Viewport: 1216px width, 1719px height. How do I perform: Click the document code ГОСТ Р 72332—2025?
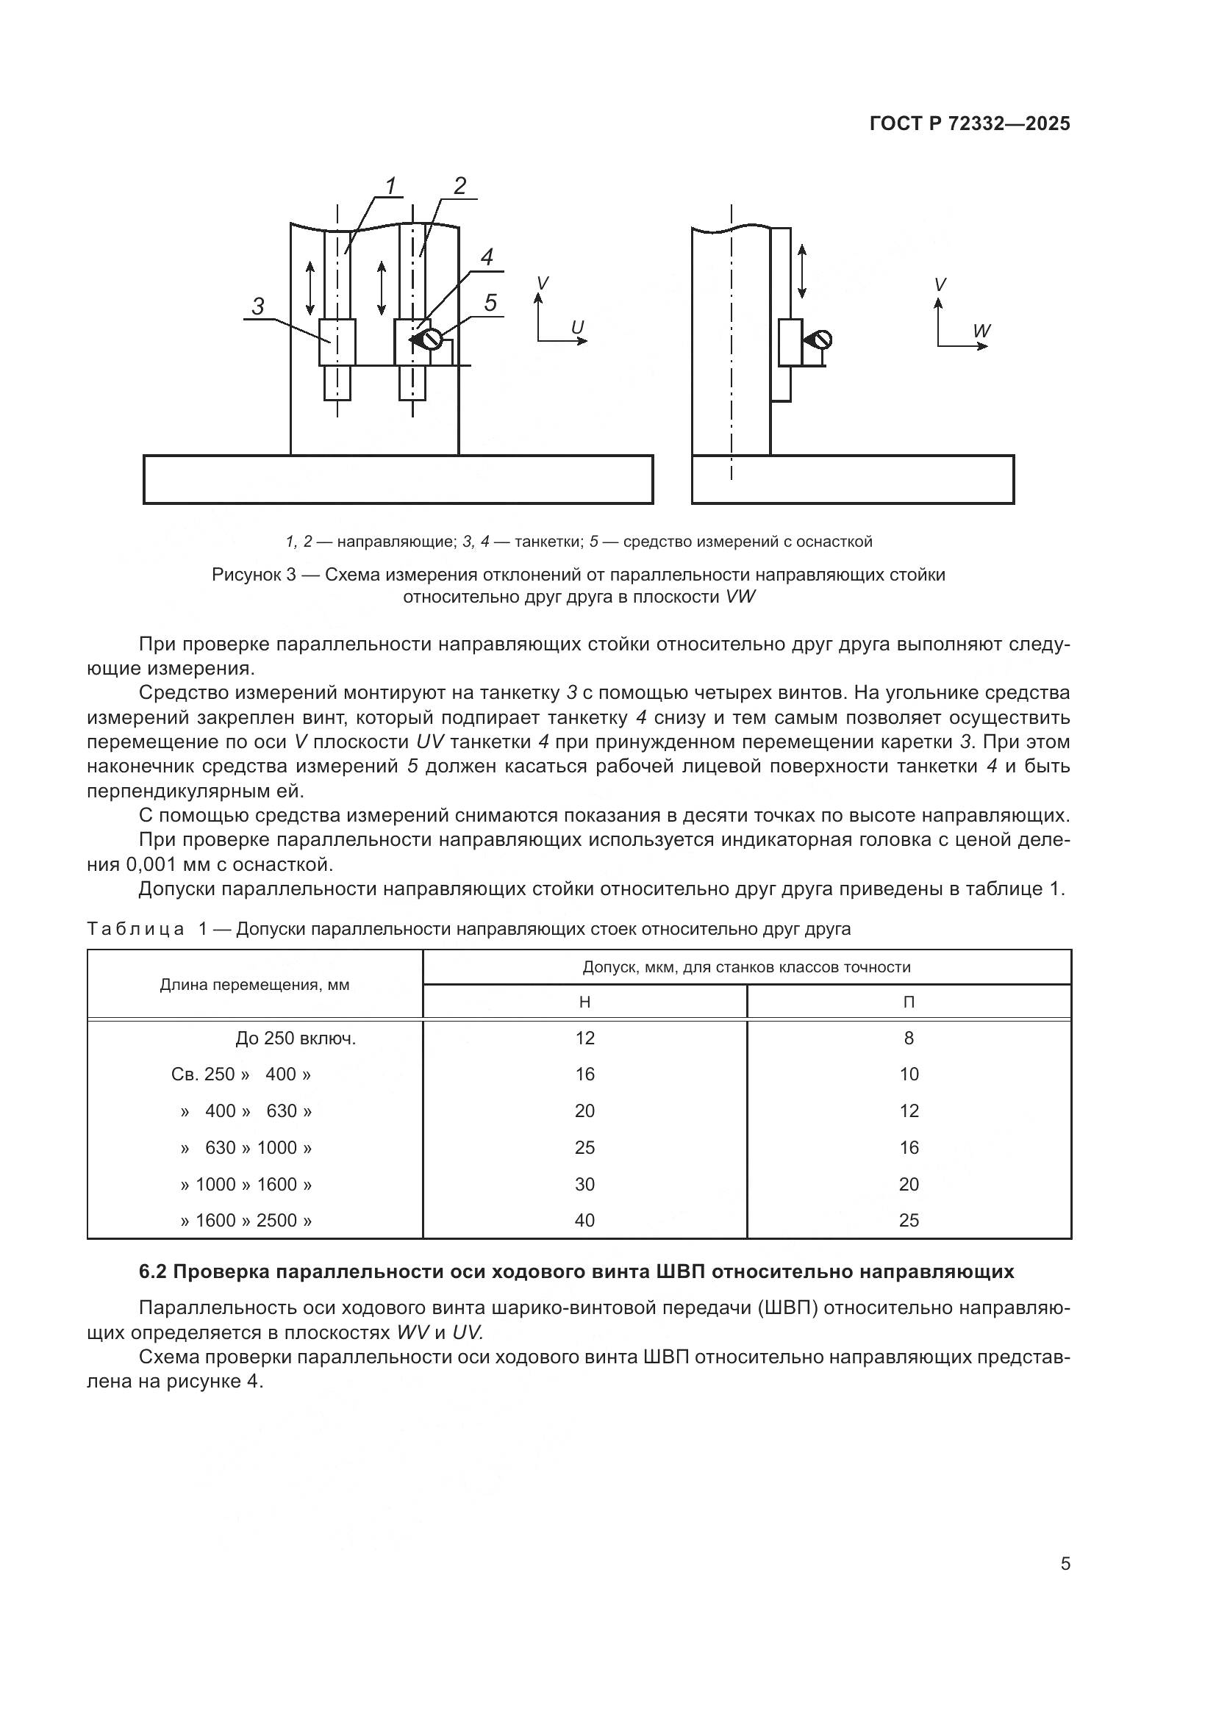click(970, 124)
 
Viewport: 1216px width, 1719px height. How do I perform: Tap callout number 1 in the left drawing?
click(390, 185)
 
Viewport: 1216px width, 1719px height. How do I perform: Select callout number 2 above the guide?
click(459, 185)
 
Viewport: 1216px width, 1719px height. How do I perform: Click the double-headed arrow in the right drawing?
click(802, 271)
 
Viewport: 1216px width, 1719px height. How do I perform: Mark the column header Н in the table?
click(584, 1002)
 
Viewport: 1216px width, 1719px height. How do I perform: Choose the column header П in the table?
click(909, 1002)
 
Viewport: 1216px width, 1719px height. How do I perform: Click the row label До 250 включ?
click(295, 1038)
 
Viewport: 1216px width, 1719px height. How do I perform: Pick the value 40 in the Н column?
click(584, 1221)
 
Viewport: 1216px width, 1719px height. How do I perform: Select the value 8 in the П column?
click(909, 1038)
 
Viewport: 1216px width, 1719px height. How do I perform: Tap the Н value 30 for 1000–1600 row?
click(584, 1185)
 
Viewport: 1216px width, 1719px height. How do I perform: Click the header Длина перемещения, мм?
click(254, 985)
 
